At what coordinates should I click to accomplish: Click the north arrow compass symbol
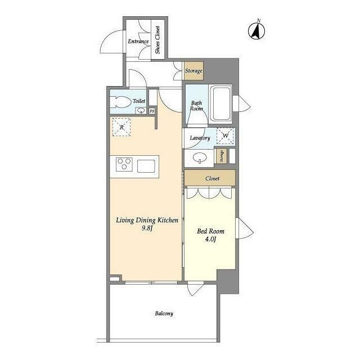[256, 30]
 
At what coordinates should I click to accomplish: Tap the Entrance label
[138, 42]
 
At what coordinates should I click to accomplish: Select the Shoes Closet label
[157, 40]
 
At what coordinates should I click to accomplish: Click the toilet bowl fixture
[119, 102]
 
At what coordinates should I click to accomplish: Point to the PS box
[152, 111]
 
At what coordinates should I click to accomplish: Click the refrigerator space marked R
[121, 127]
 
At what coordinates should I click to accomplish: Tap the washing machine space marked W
[225, 136]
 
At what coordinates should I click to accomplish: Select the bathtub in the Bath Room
[221, 103]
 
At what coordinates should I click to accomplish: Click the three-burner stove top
[124, 164]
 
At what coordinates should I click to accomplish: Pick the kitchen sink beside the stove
[146, 166]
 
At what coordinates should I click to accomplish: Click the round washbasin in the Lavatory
[200, 158]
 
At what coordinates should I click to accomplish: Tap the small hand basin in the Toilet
[141, 111]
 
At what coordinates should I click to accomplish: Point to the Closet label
[213, 178]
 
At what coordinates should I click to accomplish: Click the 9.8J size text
[147, 228]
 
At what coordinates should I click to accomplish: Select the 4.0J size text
[210, 240]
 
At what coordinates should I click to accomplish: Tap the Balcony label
[164, 314]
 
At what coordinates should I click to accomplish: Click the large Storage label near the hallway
[193, 71]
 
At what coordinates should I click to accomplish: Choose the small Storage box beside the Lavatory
[222, 156]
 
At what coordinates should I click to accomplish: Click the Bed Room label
[211, 231]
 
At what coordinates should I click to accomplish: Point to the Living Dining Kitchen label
[147, 220]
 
